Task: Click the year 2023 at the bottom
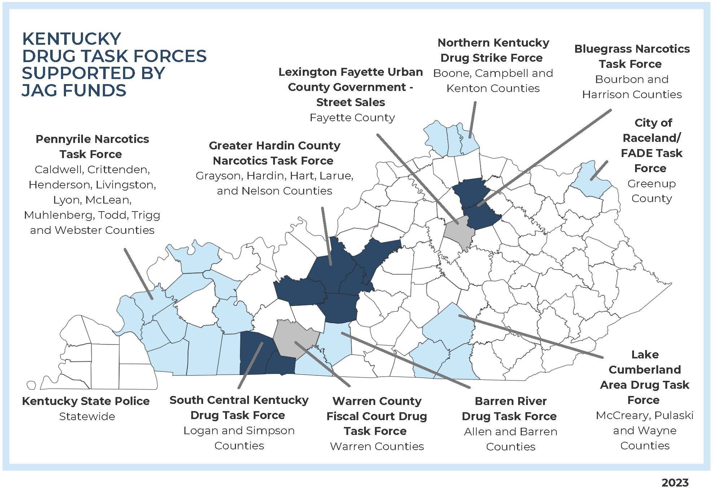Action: (x=675, y=483)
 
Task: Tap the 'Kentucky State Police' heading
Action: (x=86, y=401)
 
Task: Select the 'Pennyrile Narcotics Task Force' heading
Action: (x=92, y=147)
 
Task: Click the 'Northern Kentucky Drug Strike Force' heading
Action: (x=493, y=50)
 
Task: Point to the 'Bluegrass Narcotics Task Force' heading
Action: (x=631, y=56)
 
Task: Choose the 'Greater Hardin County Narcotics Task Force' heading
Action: (x=274, y=153)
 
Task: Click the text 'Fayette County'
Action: (x=352, y=118)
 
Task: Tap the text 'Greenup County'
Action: (x=651, y=191)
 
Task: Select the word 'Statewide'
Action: (x=87, y=417)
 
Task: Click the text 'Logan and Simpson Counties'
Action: (x=239, y=438)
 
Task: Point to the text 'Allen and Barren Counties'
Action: (x=510, y=439)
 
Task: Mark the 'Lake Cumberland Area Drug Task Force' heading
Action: (x=644, y=377)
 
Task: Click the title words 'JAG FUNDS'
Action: (x=74, y=90)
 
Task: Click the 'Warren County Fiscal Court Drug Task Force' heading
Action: (x=376, y=416)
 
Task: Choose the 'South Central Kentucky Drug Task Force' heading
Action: (x=239, y=408)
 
